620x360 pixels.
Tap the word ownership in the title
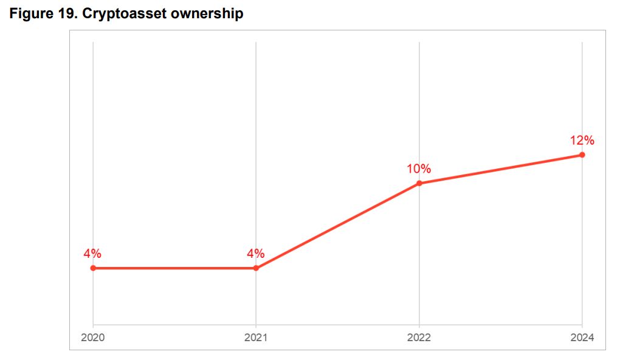pos(207,13)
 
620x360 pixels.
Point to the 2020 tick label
pos(93,337)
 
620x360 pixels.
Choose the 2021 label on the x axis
pos(256,337)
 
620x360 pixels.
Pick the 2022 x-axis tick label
pos(419,337)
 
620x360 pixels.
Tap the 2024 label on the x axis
pos(582,337)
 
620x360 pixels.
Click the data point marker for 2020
pos(93,268)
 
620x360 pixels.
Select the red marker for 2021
pos(256,268)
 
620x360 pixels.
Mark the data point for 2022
pos(419,183)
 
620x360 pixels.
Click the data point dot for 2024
pos(582,154)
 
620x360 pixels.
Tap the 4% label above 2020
pos(92,254)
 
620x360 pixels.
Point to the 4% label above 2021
pos(256,254)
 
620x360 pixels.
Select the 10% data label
pos(419,168)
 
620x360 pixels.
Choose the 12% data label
pos(582,140)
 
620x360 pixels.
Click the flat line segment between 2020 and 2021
pos(174,268)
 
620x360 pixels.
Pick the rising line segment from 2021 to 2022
pos(337,226)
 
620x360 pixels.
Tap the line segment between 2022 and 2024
pos(500,169)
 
